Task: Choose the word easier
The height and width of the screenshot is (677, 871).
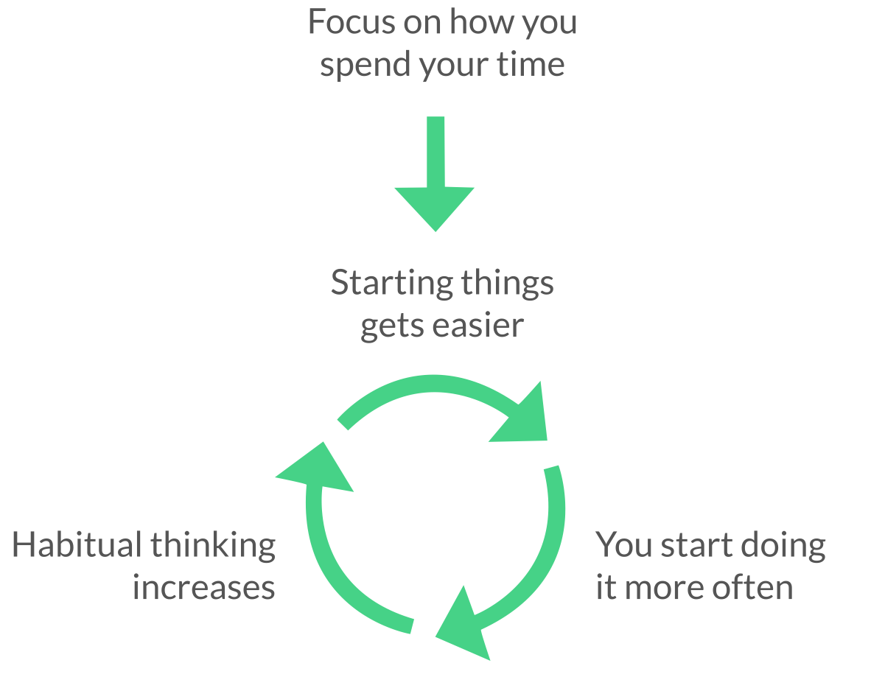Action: (x=478, y=325)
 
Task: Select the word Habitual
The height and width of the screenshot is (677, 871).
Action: (x=77, y=545)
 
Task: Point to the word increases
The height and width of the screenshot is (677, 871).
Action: (x=204, y=588)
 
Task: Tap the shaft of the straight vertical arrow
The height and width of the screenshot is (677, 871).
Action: (x=435, y=152)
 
